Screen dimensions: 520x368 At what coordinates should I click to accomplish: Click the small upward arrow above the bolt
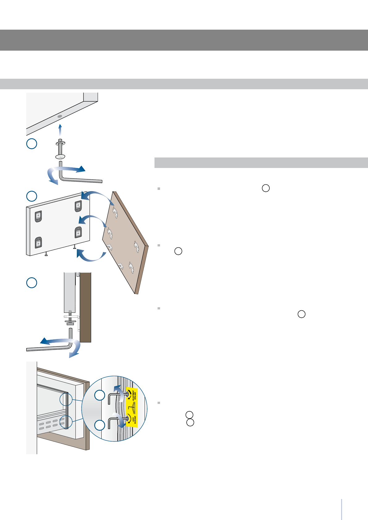60,129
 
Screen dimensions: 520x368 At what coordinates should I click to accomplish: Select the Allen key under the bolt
80,179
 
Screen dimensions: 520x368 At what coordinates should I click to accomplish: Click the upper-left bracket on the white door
38,216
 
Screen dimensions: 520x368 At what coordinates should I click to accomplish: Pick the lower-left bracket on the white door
38,243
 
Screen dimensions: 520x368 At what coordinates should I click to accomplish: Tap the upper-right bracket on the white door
78,206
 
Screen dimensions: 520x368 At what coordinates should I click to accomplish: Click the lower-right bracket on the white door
78,233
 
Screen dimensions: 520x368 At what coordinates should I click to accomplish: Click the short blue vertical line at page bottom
342,509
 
